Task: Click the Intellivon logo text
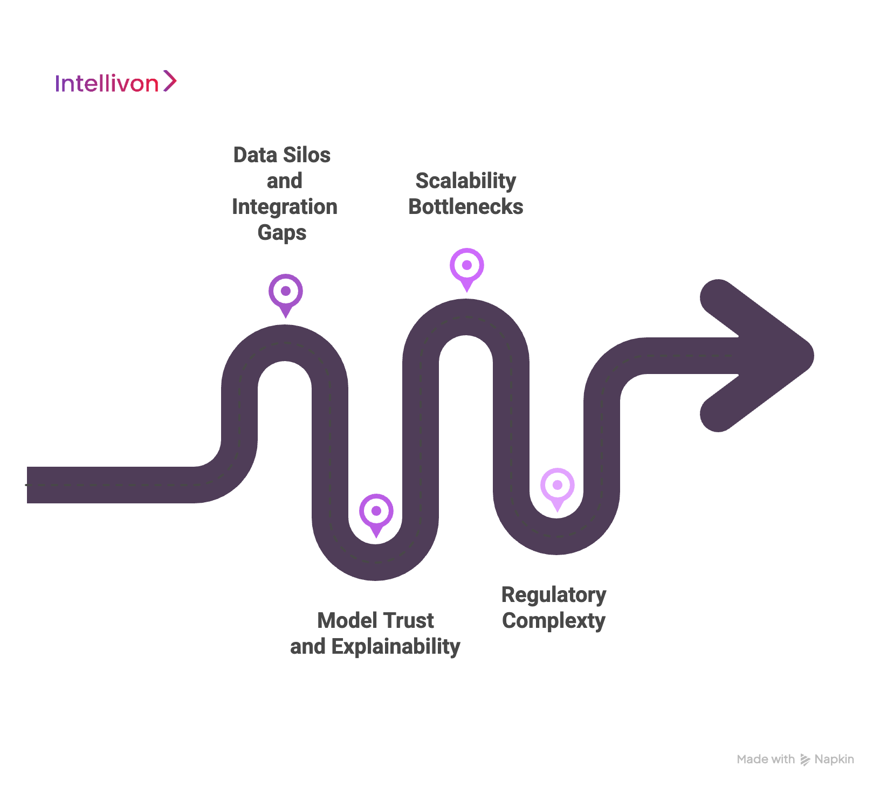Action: (x=107, y=84)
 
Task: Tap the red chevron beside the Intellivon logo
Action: (x=170, y=81)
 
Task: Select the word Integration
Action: (x=285, y=207)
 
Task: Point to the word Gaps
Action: (x=282, y=233)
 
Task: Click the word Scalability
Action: (x=465, y=181)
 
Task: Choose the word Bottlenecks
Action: (x=465, y=207)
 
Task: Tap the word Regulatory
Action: (x=553, y=595)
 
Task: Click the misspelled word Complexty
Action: (x=553, y=621)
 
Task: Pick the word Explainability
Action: (x=396, y=647)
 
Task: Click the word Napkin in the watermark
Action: (x=834, y=759)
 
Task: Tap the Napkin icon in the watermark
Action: (x=805, y=760)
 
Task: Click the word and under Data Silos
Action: (x=284, y=181)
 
